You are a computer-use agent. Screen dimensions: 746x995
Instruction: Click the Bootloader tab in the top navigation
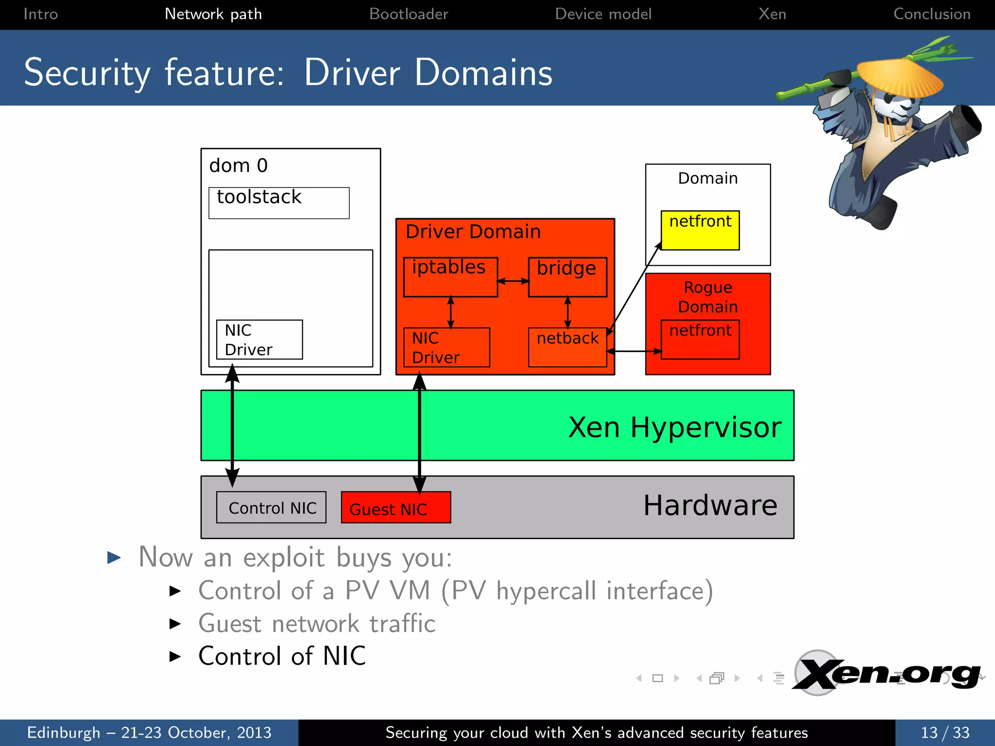click(x=408, y=14)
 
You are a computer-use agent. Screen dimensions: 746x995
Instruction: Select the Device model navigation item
click(x=603, y=14)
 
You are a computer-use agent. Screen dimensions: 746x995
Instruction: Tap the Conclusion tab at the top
click(x=931, y=14)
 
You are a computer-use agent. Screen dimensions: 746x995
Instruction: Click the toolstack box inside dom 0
click(x=279, y=203)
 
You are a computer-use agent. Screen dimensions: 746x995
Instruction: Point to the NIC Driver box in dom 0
click(x=259, y=339)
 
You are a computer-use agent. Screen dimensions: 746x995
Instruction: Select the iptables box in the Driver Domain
click(x=450, y=277)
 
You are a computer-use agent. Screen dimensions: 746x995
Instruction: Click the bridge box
click(x=567, y=277)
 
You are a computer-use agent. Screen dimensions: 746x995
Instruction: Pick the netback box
click(x=567, y=347)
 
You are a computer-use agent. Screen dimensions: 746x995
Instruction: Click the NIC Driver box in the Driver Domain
click(x=446, y=347)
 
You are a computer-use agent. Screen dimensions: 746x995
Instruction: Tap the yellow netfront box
click(x=700, y=230)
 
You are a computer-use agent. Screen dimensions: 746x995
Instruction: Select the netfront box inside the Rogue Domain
click(x=700, y=339)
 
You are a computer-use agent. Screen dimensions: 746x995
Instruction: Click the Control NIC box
click(x=271, y=508)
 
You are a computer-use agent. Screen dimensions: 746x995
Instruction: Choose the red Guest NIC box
click(x=396, y=508)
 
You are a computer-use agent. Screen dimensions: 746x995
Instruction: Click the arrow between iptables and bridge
click(x=513, y=281)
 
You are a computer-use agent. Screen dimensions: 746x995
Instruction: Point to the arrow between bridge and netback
click(x=567, y=312)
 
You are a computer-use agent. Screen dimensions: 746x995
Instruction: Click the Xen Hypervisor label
click(x=674, y=427)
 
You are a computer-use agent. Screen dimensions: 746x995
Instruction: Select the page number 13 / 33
click(x=944, y=732)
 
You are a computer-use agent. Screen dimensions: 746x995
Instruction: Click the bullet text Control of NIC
click(x=282, y=656)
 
